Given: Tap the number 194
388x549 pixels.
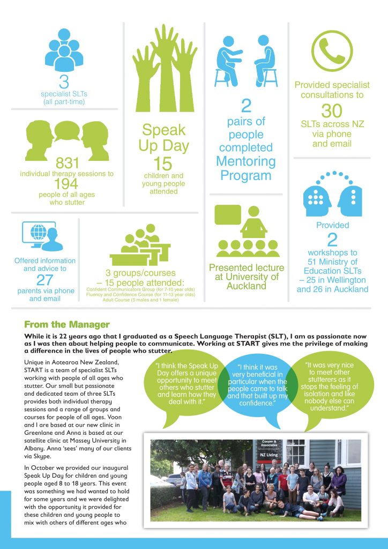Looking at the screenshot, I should coord(64,184).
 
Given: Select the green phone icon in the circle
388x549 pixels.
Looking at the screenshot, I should coord(332,51).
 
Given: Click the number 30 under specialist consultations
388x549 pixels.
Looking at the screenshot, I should coord(332,111).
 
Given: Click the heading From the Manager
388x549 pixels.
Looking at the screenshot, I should coord(67,324).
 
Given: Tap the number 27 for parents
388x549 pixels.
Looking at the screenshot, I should coord(45,280).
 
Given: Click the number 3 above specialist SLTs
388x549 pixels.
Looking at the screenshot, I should coord(64,83).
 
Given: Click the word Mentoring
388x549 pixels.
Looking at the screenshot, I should coord(246,161).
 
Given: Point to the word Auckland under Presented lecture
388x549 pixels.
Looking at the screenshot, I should coord(247,286).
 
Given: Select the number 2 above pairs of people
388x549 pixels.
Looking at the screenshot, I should coord(246,106).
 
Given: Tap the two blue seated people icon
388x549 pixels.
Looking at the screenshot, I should coord(247,61).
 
